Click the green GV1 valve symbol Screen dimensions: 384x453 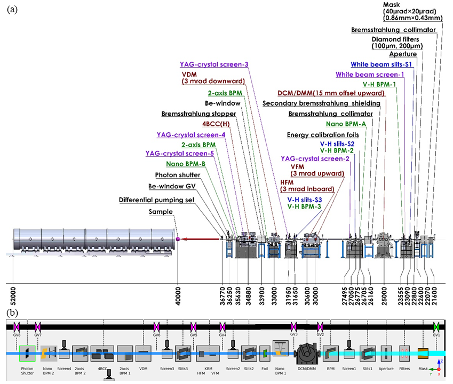click(437, 325)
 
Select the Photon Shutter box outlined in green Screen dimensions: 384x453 click(27, 353)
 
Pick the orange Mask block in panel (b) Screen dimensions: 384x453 click(423, 353)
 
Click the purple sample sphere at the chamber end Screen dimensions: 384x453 click(178, 238)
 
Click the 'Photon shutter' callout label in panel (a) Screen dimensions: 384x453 click(178, 175)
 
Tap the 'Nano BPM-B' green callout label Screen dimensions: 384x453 click(185, 164)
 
